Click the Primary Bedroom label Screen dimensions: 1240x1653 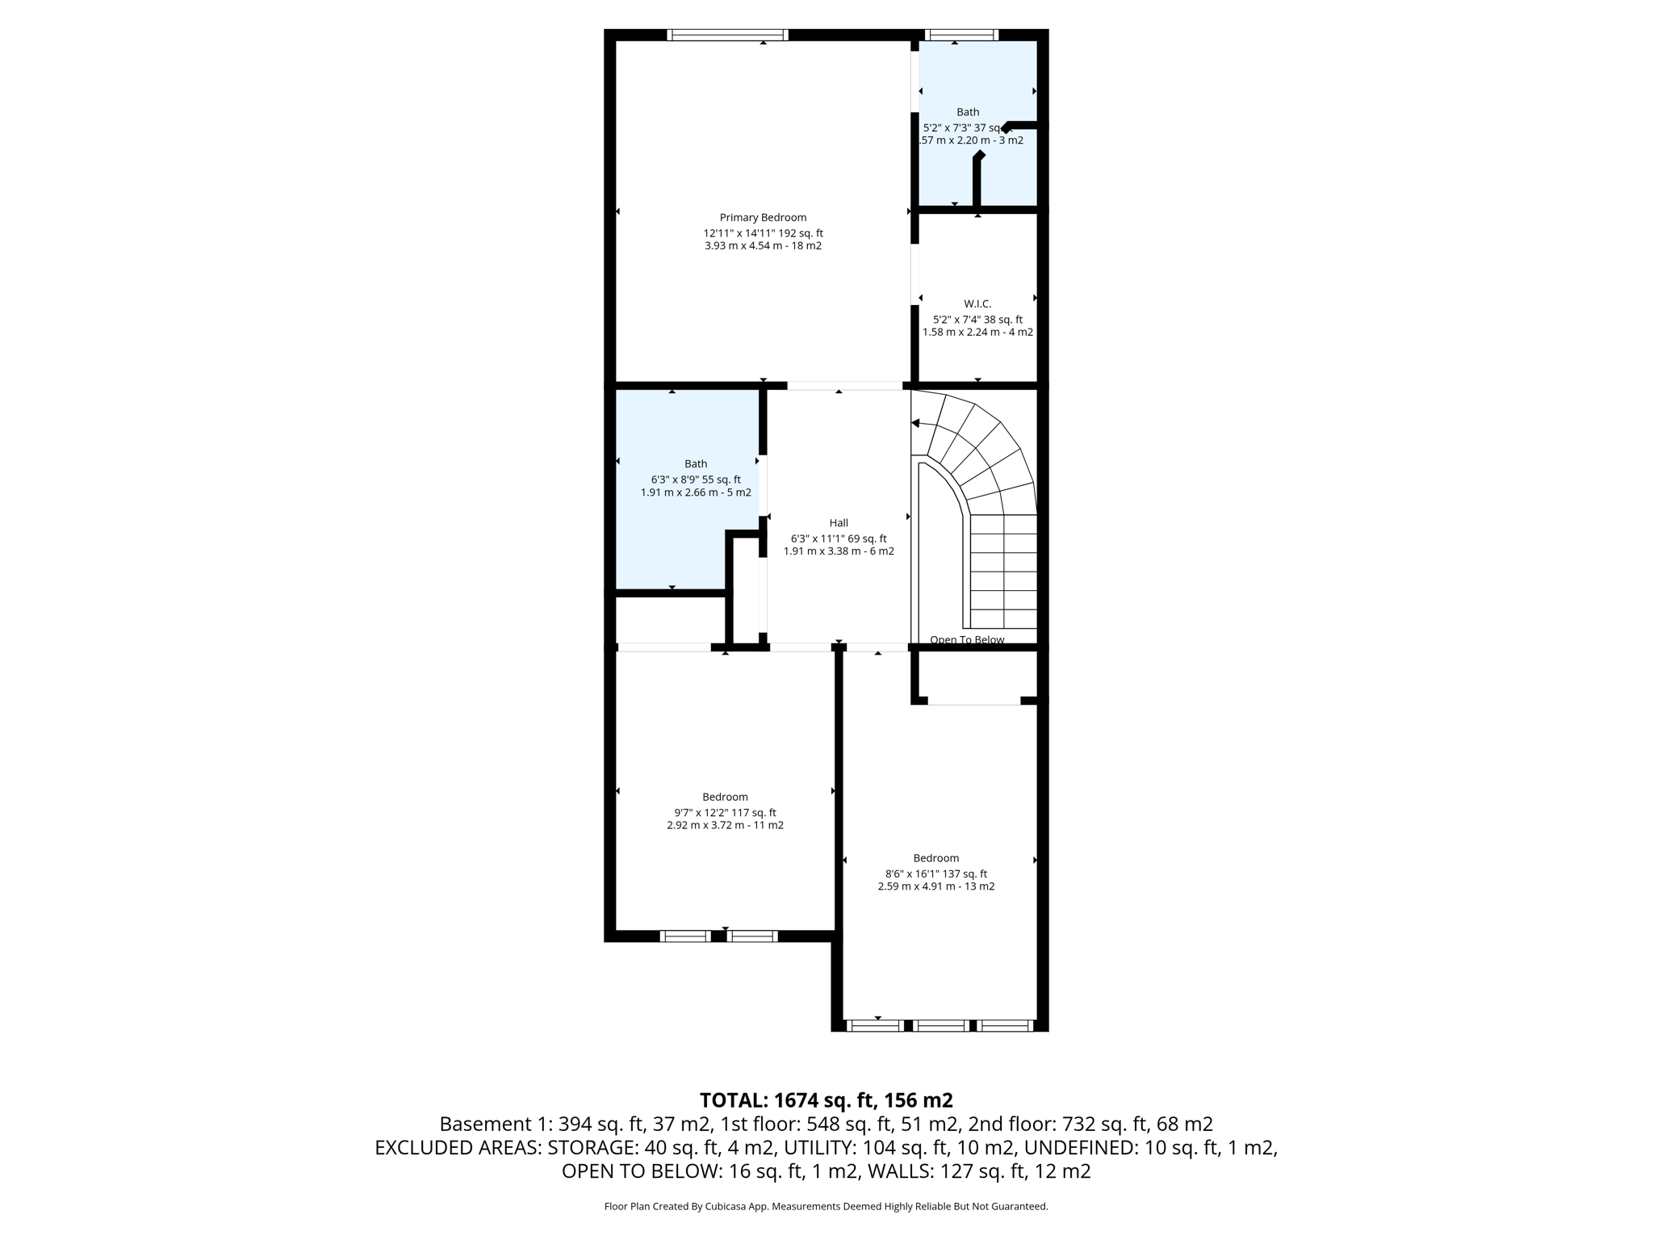pyautogui.click(x=763, y=217)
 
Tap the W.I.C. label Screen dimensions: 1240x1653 pyautogui.click(x=977, y=304)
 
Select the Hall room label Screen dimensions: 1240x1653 pyautogui.click(x=839, y=522)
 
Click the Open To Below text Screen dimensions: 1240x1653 pyautogui.click(x=967, y=639)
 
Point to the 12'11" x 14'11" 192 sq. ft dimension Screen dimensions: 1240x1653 pyautogui.click(x=763, y=233)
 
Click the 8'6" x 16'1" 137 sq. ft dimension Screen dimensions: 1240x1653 pyautogui.click(x=936, y=873)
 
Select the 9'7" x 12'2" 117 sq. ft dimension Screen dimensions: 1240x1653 pyautogui.click(x=725, y=813)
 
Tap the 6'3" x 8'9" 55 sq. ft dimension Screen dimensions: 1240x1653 pyautogui.click(x=696, y=480)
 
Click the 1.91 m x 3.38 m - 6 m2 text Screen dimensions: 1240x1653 pyautogui.click(x=839, y=551)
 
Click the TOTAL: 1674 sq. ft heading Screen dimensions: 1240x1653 pyautogui.click(x=826, y=1100)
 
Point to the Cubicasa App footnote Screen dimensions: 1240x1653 pyautogui.click(x=826, y=1206)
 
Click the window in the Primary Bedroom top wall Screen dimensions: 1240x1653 pyautogui.click(x=727, y=35)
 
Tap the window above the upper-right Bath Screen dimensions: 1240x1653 pyautogui.click(x=960, y=35)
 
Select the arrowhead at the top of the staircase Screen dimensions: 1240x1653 pyautogui.click(x=915, y=423)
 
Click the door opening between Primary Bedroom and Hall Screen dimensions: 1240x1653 pyautogui.click(x=844, y=386)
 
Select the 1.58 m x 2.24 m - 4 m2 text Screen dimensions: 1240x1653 pyautogui.click(x=977, y=332)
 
